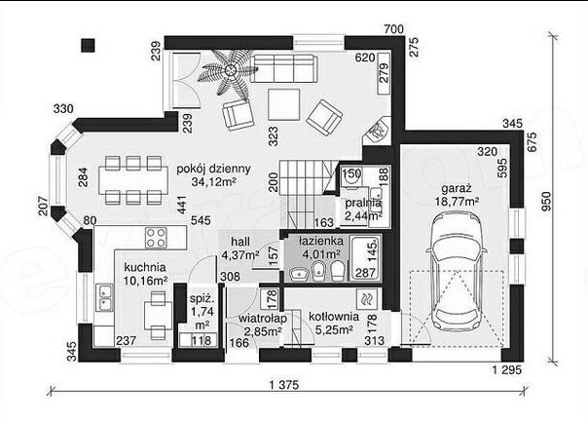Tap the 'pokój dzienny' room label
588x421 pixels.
pos(213,169)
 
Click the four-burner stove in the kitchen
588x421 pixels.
pos(156,238)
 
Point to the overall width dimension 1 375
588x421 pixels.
pos(284,385)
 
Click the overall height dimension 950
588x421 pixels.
pos(547,202)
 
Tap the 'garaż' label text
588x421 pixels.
pos(457,188)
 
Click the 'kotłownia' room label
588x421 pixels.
pos(334,317)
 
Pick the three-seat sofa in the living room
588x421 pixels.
pos(284,69)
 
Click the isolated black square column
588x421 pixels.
pos(89,45)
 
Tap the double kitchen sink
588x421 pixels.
pos(104,297)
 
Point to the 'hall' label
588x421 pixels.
pos(240,242)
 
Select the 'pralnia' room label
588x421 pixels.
pos(363,204)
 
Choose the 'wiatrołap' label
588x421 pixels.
pos(263,319)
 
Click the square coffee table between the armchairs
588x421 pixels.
pos(284,104)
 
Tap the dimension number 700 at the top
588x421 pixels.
pos(393,29)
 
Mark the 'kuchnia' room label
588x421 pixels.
pos(145,267)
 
